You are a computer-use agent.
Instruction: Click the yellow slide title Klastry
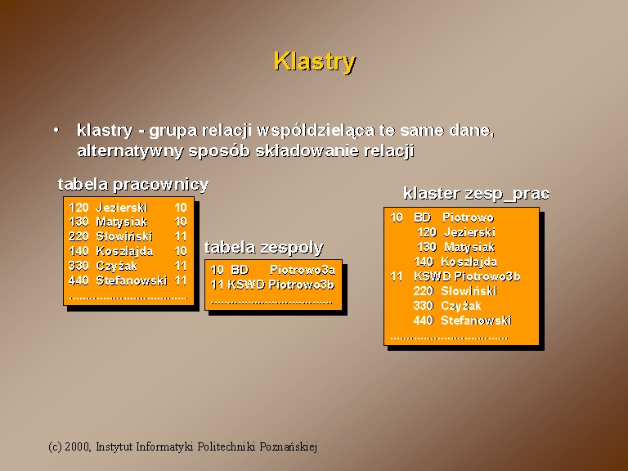click(315, 61)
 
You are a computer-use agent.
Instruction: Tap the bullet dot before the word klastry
click(56, 130)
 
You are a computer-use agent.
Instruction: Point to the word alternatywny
click(130, 151)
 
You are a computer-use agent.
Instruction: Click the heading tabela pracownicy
click(133, 184)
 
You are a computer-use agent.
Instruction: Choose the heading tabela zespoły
click(263, 247)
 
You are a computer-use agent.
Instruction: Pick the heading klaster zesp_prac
click(476, 194)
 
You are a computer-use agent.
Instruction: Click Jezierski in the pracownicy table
click(122, 208)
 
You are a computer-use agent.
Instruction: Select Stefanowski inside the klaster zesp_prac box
click(476, 321)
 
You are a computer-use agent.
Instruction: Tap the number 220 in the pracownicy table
click(78, 236)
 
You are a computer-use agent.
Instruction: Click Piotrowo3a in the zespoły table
click(303, 270)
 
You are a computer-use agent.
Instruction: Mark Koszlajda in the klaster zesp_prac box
click(469, 262)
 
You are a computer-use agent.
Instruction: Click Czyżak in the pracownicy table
click(117, 266)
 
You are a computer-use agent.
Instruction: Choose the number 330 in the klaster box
click(423, 306)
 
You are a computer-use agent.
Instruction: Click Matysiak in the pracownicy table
click(122, 222)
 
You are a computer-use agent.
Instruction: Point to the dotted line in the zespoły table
click(271, 303)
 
